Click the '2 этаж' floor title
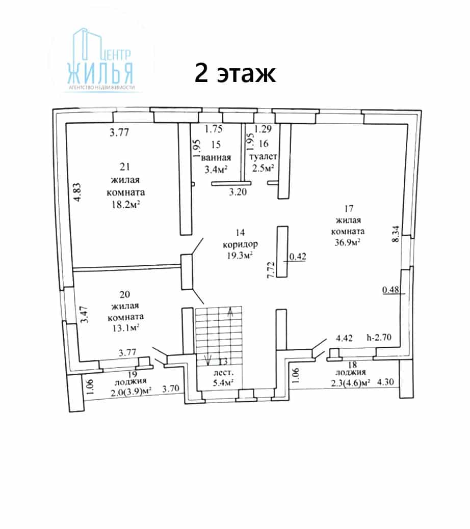click(235, 73)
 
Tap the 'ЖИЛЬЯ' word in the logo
click(100, 73)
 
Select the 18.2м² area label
click(126, 204)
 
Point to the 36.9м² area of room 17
click(347, 242)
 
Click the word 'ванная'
click(216, 157)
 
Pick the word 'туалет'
click(263, 157)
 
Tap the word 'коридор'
click(240, 244)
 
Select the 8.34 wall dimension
click(396, 234)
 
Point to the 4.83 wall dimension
click(77, 192)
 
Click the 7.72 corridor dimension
click(271, 269)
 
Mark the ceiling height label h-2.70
click(379, 337)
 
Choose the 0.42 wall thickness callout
click(298, 257)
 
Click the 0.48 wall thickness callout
click(390, 290)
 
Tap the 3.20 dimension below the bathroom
click(238, 192)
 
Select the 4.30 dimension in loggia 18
click(385, 382)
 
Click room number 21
click(125, 166)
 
